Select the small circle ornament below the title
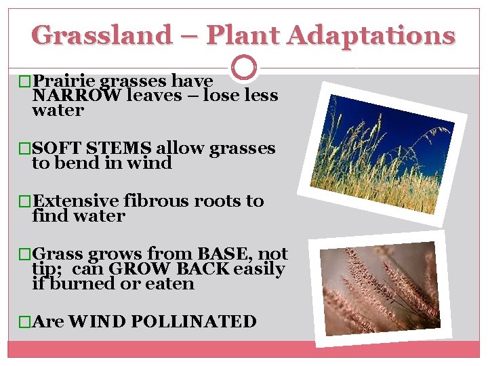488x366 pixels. [244, 68]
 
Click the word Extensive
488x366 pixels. [76, 201]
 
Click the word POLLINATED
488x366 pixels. [193, 321]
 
